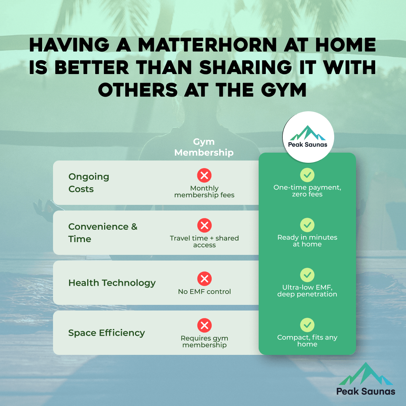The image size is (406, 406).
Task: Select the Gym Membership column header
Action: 204,147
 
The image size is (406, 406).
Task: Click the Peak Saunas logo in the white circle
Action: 308,137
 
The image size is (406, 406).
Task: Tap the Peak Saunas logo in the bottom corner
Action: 365,380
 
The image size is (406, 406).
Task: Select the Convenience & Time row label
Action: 103,233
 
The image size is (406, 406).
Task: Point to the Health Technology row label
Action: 112,283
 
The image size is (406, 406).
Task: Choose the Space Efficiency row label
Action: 106,333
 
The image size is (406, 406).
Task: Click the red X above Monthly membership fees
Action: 204,175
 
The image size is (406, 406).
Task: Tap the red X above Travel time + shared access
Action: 204,225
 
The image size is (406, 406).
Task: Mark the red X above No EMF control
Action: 204,279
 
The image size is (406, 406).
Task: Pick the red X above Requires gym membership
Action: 204,325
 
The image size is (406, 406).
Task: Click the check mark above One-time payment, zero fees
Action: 307,175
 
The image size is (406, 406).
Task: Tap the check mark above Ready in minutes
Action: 307,225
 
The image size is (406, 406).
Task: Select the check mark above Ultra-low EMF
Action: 307,275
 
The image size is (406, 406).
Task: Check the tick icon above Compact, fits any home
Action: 307,325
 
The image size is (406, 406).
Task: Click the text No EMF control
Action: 204,291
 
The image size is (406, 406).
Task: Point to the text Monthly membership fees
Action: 204,192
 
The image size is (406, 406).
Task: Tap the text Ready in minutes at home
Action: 307,241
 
